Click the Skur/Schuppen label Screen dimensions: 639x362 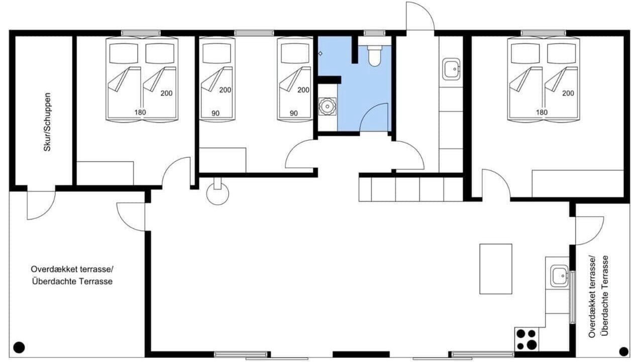point(47,122)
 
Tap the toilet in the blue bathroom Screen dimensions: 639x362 point(375,56)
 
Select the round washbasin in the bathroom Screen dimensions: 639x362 point(327,107)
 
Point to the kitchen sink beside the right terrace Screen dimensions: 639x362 point(559,276)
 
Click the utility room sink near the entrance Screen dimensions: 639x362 point(451,69)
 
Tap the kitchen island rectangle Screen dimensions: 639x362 point(496,268)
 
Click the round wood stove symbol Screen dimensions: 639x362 point(218,194)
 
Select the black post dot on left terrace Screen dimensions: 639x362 point(19,347)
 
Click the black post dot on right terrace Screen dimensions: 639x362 point(624,351)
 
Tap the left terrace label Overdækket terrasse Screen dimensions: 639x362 point(72,269)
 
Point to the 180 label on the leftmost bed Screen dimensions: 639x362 point(140,113)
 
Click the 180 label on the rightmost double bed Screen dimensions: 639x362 point(542,113)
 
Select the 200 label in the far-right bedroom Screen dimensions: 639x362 point(568,94)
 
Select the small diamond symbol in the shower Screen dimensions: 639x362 point(321,53)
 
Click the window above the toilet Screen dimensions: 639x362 point(375,33)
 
